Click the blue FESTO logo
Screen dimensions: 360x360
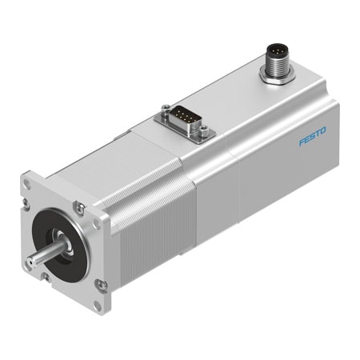point(312,138)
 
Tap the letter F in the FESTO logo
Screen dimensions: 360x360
point(302,143)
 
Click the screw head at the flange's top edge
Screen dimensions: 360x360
point(78,209)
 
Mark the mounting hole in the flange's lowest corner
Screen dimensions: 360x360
point(98,305)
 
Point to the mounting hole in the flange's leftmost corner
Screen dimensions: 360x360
point(26,183)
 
